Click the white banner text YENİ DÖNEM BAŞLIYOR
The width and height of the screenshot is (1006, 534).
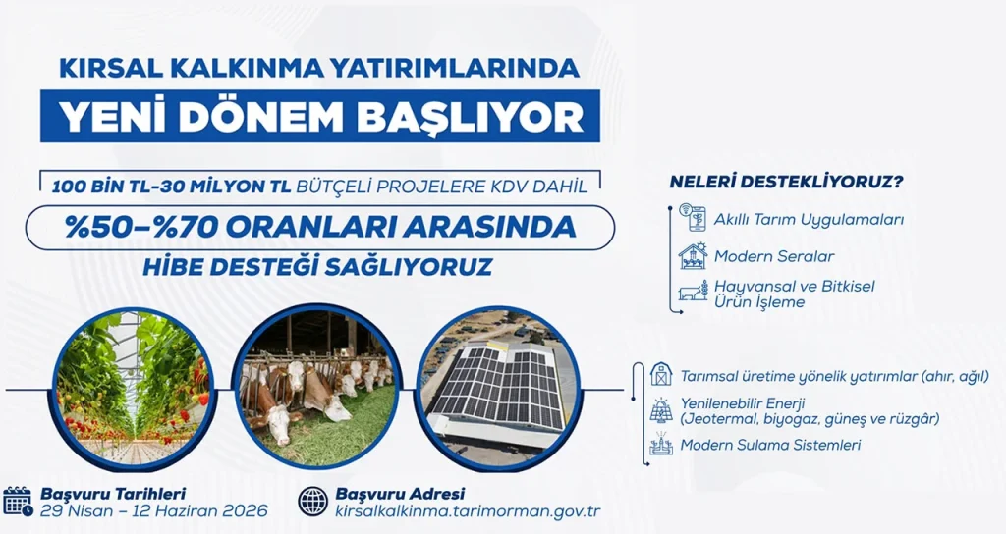pos(320,117)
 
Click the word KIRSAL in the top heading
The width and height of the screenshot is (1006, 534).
pos(108,69)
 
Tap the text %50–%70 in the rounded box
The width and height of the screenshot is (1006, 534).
pos(135,227)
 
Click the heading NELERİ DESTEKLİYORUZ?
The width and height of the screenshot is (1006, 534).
pos(786,183)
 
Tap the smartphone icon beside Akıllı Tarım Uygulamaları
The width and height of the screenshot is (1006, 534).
pos(693,218)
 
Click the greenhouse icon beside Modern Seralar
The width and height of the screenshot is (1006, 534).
pos(693,256)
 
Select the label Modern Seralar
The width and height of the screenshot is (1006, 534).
pos(774,256)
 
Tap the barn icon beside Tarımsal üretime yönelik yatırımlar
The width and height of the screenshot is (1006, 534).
pos(661,375)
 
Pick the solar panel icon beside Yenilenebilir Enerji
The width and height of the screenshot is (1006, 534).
pos(661,410)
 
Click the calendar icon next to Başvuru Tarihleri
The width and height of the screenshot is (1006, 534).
pos(19,502)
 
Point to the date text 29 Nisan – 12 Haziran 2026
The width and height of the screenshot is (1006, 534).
pos(154,511)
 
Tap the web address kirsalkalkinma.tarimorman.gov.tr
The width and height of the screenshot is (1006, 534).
pos(468,511)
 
